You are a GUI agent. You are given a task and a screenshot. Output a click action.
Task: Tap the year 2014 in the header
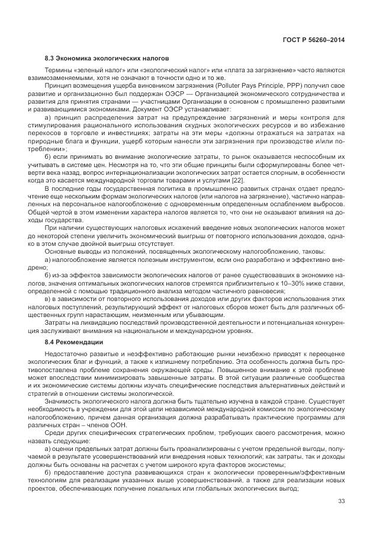336,40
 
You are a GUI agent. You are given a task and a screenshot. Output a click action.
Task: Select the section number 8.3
50,59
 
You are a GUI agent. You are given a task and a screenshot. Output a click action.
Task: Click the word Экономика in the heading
74,59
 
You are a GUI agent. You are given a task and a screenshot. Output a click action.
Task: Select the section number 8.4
50,342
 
